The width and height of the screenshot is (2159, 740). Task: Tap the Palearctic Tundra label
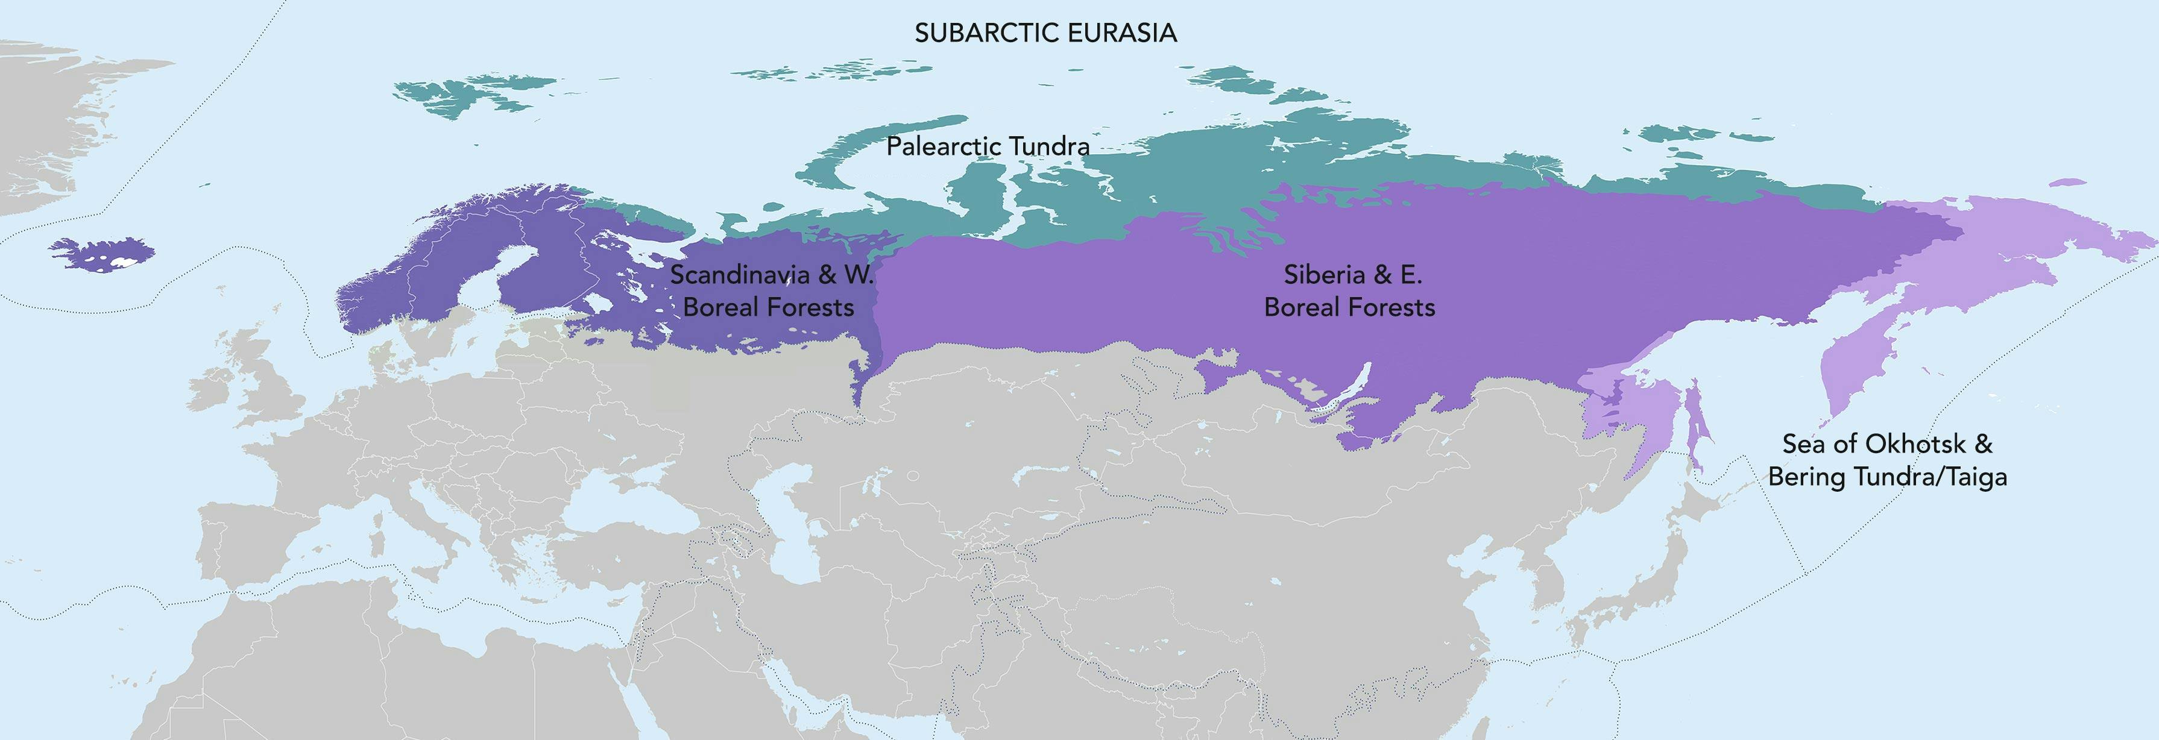point(988,146)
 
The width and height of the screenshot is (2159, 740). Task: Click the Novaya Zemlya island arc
point(872,146)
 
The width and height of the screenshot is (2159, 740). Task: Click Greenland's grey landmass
point(50,126)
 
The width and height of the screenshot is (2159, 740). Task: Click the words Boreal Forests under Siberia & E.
point(1349,307)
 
